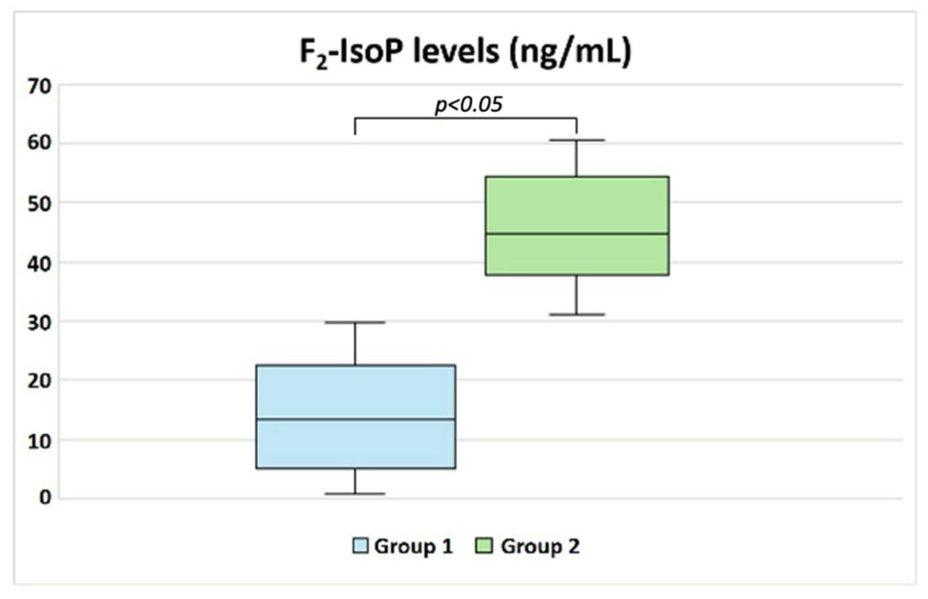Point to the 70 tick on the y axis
point(39,87)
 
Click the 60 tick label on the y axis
point(39,143)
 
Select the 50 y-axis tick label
point(39,204)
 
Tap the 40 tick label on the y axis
point(39,263)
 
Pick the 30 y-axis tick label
point(39,323)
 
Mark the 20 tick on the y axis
point(39,381)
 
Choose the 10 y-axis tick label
point(39,441)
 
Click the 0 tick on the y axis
point(45,498)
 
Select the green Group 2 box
point(577,206)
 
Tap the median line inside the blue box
point(355,419)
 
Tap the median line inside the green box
point(577,234)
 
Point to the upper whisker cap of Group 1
point(355,322)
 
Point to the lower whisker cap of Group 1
point(355,494)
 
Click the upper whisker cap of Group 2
point(577,140)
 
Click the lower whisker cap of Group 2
point(577,314)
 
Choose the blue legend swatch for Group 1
point(360,546)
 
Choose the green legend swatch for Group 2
point(484,546)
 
